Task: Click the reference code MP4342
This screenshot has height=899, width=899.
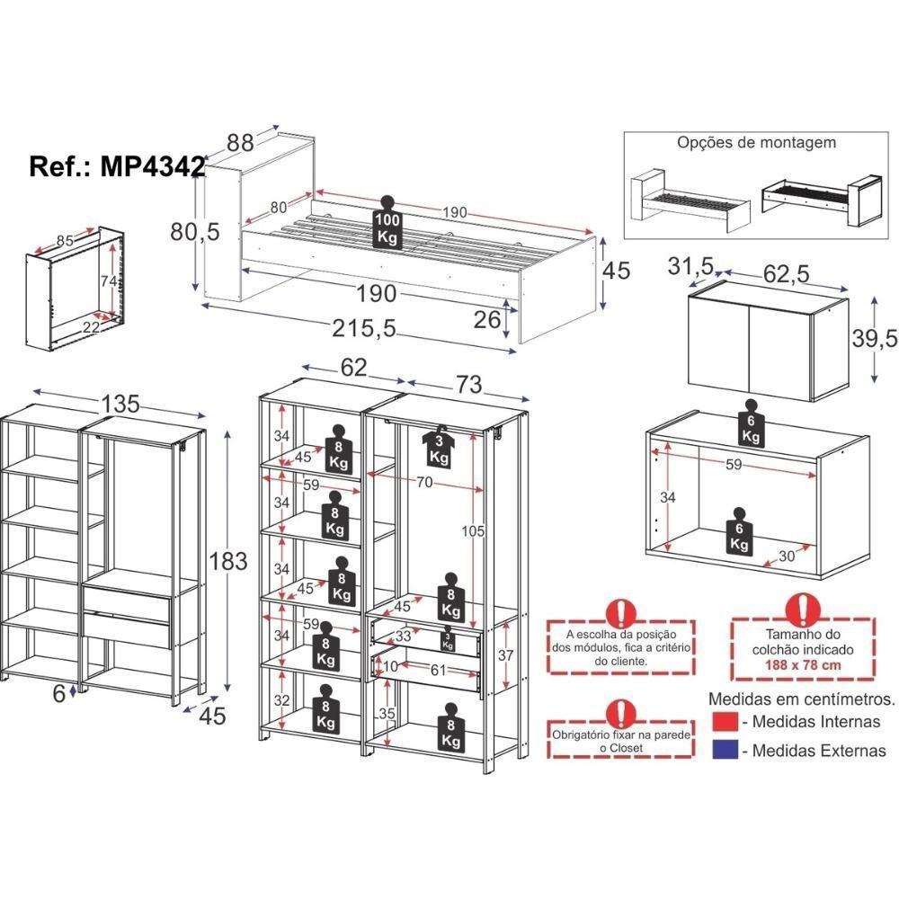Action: point(118,168)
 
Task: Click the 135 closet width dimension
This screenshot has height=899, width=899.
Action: point(120,404)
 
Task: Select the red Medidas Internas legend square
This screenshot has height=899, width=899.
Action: point(725,723)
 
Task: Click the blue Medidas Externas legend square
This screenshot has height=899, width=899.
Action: point(725,750)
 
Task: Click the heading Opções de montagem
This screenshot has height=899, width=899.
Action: point(756,142)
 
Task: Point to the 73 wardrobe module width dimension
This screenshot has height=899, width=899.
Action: point(468,385)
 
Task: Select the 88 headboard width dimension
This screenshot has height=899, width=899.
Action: point(239,142)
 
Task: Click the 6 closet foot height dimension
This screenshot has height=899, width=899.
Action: point(58,693)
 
